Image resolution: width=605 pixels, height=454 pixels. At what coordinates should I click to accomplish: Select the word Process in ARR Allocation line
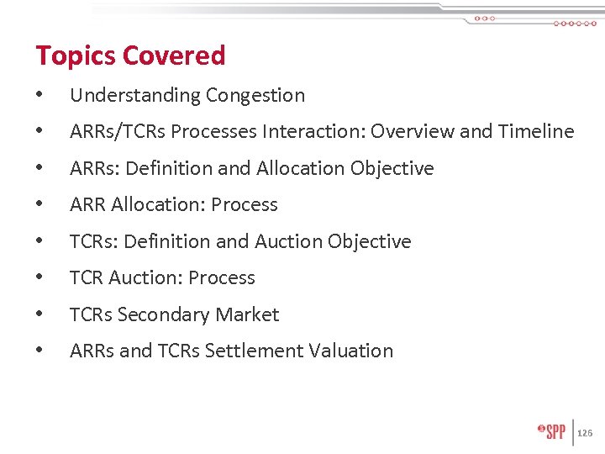(x=245, y=205)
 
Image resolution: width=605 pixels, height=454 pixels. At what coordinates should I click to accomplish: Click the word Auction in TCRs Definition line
(x=287, y=242)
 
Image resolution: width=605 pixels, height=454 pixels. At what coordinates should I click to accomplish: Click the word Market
(x=247, y=315)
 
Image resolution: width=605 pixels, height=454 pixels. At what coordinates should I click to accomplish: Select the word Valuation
(x=353, y=351)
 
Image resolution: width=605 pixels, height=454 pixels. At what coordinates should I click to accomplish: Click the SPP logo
(x=551, y=431)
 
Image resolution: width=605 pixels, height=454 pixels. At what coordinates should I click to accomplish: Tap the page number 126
(x=586, y=432)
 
